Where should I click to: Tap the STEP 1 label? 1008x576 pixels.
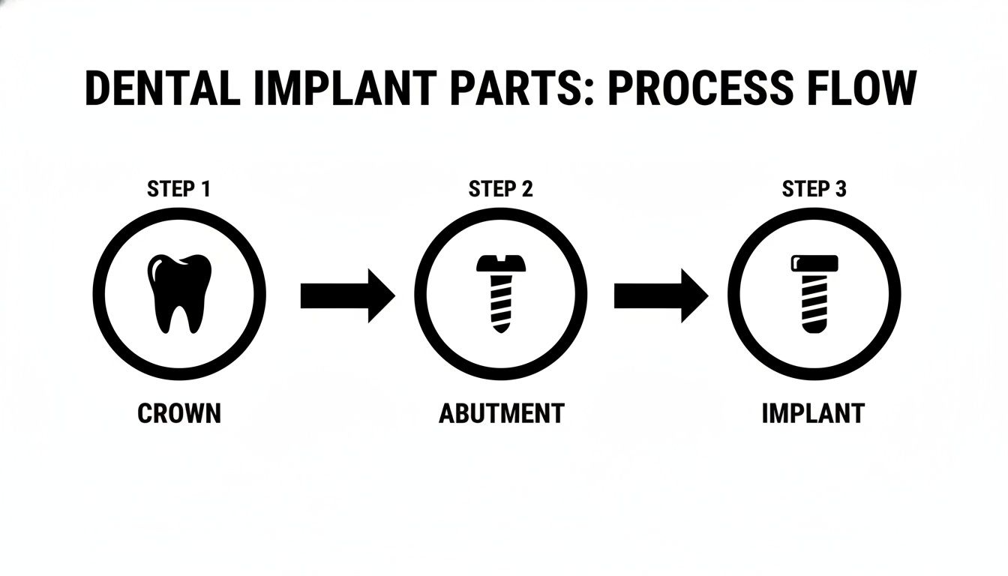point(178,189)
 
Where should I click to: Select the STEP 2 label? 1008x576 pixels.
point(500,189)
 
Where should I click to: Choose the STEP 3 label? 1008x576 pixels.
point(814,189)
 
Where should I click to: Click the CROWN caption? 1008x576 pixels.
point(179,413)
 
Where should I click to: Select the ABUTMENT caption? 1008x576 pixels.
point(501,413)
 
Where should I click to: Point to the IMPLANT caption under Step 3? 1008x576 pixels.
point(813,413)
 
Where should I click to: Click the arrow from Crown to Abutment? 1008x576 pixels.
point(347,295)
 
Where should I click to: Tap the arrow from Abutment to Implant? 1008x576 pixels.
point(661,295)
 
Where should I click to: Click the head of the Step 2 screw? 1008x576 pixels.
point(500,262)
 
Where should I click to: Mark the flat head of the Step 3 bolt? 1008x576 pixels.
point(814,263)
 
